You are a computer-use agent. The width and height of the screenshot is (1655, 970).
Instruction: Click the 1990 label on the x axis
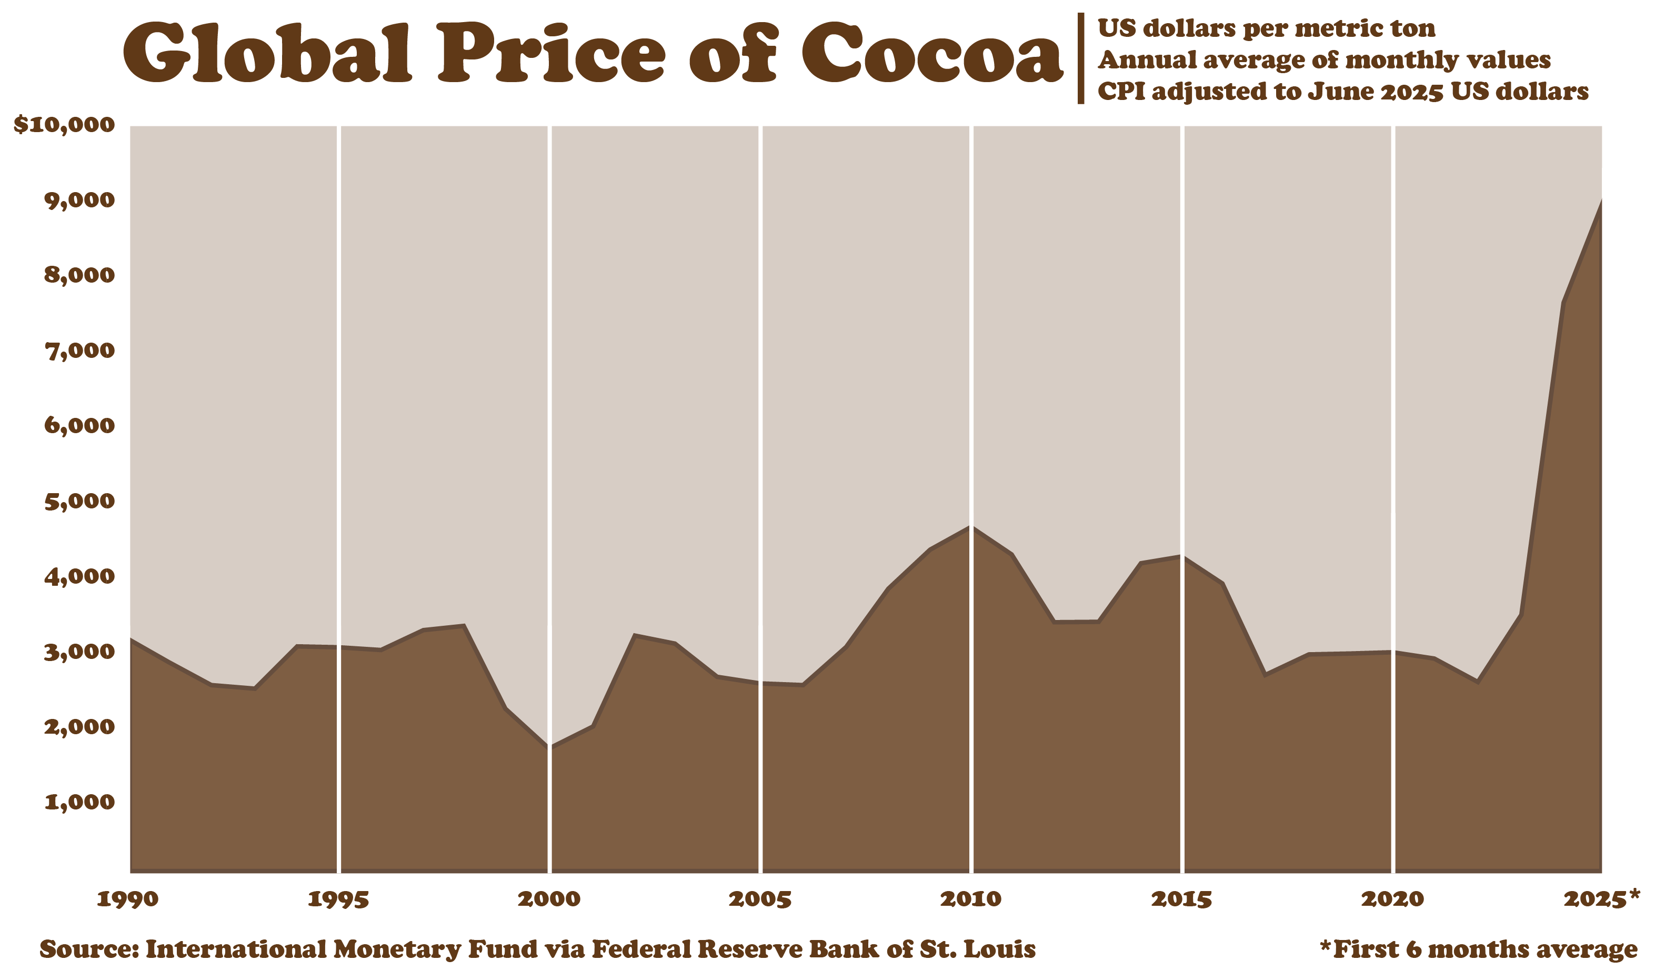pyautogui.click(x=127, y=899)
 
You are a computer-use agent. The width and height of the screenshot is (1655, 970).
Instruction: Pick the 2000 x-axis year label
pyautogui.click(x=549, y=899)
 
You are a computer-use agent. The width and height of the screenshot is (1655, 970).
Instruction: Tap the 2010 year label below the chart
pyautogui.click(x=971, y=899)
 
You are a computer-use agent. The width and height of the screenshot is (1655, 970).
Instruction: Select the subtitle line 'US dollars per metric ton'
pyautogui.click(x=1266, y=28)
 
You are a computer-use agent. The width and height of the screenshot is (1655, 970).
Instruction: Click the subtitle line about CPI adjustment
pyautogui.click(x=1343, y=91)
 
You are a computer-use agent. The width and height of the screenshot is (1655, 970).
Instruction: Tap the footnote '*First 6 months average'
pyautogui.click(x=1478, y=949)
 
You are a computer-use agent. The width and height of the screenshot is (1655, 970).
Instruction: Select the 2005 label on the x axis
pyautogui.click(x=760, y=899)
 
